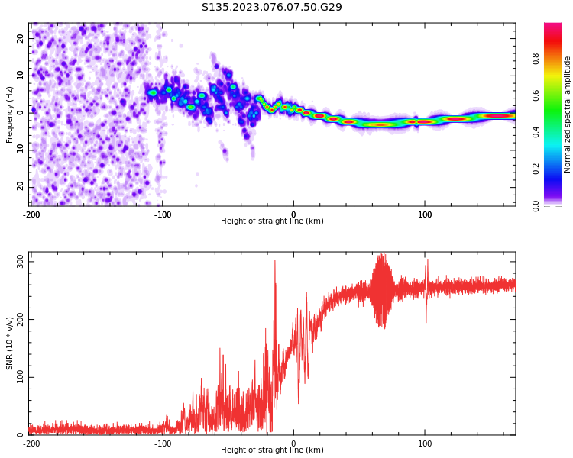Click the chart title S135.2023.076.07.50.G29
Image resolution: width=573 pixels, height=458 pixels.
[271, 7]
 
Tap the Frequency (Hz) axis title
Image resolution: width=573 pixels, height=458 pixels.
[9, 114]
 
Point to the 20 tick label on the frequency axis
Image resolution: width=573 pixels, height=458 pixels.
[20, 38]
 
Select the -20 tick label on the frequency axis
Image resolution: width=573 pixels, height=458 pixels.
[20, 187]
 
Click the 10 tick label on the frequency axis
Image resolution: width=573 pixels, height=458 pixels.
[20, 76]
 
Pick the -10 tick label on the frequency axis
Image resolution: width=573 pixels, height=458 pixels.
[20, 150]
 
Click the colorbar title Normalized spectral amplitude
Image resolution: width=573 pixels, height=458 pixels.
[567, 114]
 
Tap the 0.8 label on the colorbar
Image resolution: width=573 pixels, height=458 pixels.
[536, 59]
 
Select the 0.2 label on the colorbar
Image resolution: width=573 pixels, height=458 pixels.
[536, 169]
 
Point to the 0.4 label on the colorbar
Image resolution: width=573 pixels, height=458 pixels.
[536, 132]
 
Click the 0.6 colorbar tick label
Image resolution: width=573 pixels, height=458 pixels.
[536, 95]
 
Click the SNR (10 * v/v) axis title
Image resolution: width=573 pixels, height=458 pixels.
[9, 343]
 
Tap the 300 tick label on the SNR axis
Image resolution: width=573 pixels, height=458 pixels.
[20, 262]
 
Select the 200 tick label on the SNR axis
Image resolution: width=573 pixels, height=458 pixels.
[20, 319]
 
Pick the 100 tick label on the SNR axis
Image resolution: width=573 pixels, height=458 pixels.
[20, 377]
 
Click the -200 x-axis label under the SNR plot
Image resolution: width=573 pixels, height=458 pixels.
[31, 443]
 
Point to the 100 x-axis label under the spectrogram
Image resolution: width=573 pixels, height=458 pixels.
[425, 214]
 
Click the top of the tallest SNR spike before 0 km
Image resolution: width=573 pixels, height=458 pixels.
[275, 260]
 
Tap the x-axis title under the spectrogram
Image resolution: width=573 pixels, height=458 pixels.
[272, 221]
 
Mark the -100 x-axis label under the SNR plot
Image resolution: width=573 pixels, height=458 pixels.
[162, 443]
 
